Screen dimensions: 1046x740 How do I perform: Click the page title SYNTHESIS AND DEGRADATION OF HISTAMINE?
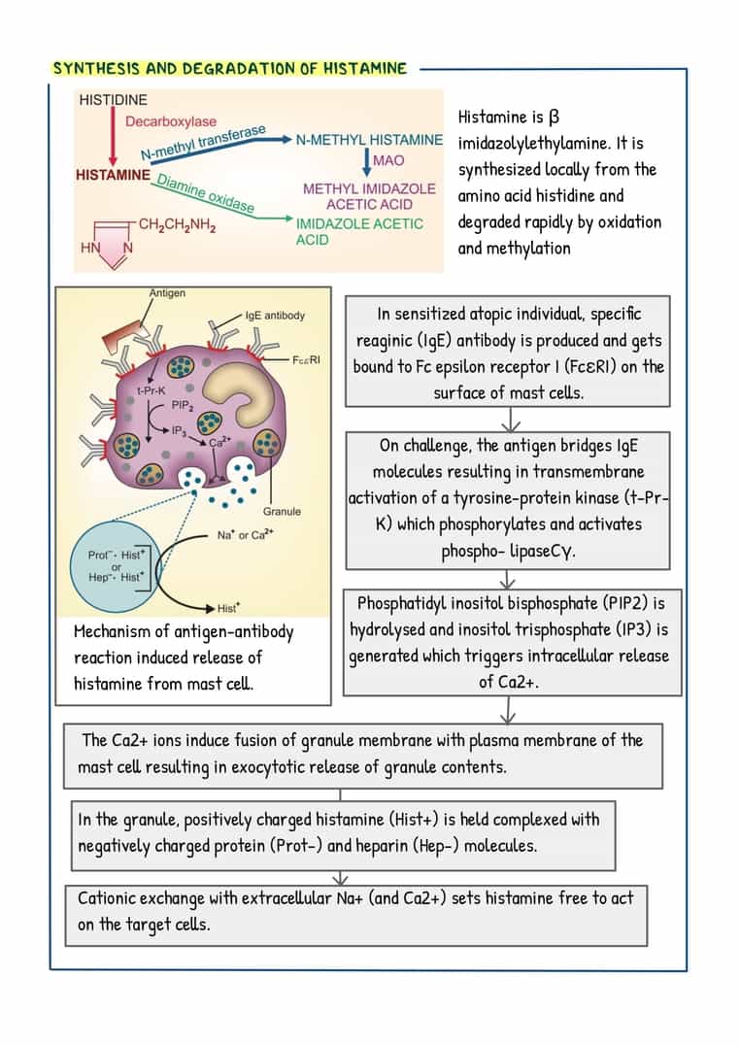[229, 69]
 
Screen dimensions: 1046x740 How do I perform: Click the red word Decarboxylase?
[170, 122]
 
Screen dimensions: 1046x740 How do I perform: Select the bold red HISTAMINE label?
[113, 176]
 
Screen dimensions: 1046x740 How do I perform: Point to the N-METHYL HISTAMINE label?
[369, 141]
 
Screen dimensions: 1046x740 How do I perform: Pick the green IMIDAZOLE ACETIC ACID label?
[359, 231]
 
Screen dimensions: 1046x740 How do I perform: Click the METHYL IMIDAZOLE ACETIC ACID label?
[369, 196]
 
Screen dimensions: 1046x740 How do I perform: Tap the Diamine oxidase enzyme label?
[205, 193]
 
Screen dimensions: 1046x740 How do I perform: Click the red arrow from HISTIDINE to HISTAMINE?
[114, 137]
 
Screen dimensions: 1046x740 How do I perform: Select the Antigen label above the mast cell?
[167, 293]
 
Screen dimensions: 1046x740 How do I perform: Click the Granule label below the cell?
[282, 511]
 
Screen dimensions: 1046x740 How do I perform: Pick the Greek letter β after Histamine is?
[554, 118]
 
